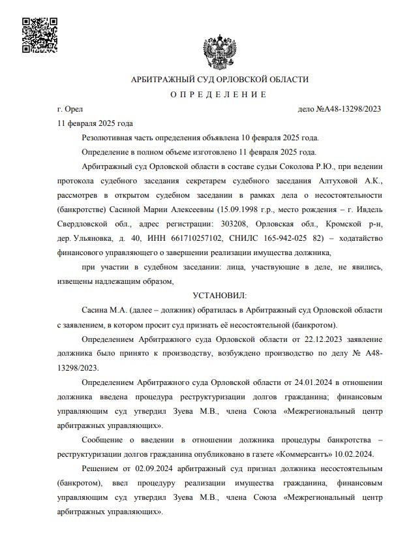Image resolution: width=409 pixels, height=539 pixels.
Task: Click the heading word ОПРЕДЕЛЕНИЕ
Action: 219,95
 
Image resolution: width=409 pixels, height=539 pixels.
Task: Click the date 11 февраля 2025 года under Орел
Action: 95,123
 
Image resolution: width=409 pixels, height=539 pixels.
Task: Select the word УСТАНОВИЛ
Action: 219,295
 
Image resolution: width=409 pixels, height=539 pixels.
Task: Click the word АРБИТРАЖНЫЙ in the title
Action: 160,79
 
